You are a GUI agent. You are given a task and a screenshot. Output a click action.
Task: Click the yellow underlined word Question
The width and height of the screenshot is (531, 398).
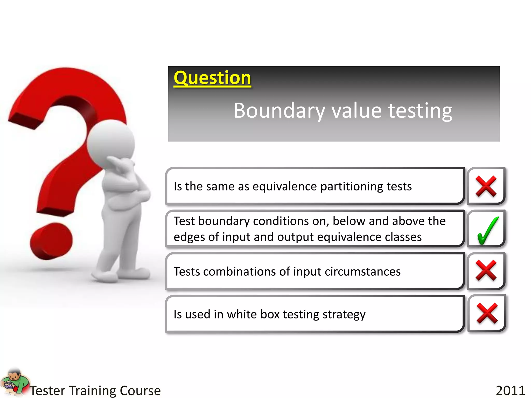pyautogui.click(x=212, y=78)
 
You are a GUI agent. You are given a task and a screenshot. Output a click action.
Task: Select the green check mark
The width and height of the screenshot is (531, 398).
pyautogui.click(x=487, y=230)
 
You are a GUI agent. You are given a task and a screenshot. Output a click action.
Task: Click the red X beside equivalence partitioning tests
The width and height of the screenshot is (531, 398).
pyautogui.click(x=486, y=186)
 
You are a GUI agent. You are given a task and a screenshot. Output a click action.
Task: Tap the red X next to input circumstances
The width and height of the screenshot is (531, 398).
pyautogui.click(x=486, y=271)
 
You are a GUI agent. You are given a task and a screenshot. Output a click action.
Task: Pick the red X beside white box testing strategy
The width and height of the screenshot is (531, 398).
pyautogui.click(x=487, y=313)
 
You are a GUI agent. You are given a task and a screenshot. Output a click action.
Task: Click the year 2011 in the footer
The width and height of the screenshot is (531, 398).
pyautogui.click(x=510, y=390)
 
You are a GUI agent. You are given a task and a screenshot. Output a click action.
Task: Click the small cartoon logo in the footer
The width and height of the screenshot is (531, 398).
pyautogui.click(x=14, y=382)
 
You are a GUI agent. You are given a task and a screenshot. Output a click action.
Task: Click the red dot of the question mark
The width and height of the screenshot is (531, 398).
pyautogui.click(x=51, y=241)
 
